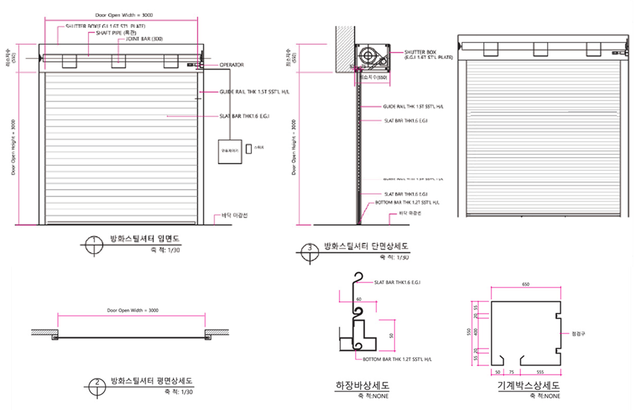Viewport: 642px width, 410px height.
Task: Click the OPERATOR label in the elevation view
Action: click(231, 65)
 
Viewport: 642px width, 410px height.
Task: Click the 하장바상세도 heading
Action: click(362, 386)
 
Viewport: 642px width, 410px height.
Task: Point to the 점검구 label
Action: click(578, 333)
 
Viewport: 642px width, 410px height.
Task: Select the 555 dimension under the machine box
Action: click(540, 372)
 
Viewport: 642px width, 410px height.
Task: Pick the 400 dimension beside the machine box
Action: click(476, 330)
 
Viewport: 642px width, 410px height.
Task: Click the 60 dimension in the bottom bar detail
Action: click(359, 299)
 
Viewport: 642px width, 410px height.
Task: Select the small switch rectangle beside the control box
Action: click(248, 149)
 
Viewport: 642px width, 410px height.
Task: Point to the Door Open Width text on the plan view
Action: click(132, 310)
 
